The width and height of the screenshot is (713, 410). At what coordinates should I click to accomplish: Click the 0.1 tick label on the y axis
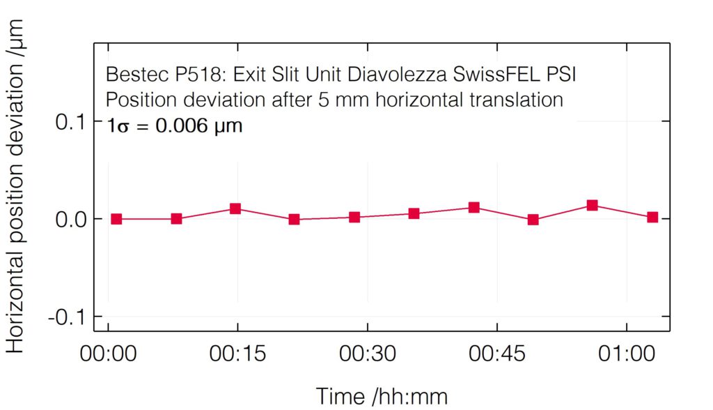pos(70,122)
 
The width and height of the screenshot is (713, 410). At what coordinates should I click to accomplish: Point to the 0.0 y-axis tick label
pos(70,219)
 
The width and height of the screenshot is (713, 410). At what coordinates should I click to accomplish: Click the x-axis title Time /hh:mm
pos(382,395)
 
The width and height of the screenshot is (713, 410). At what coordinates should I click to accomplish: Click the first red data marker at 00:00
pos(116,219)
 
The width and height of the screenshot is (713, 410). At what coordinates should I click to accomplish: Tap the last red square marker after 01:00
pos(652,217)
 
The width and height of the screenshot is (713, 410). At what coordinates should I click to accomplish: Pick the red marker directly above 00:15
pos(235,208)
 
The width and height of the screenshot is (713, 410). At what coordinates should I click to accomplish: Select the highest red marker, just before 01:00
pos(593,205)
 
